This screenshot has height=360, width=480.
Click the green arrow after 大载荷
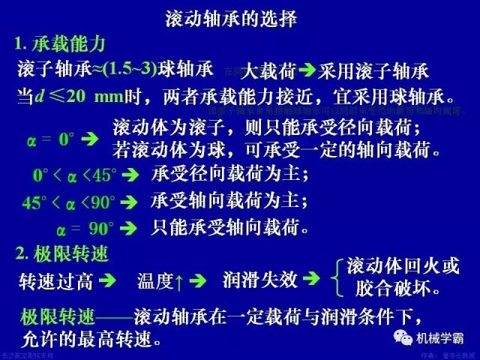click(307, 72)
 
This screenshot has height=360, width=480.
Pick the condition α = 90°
click(85, 226)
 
